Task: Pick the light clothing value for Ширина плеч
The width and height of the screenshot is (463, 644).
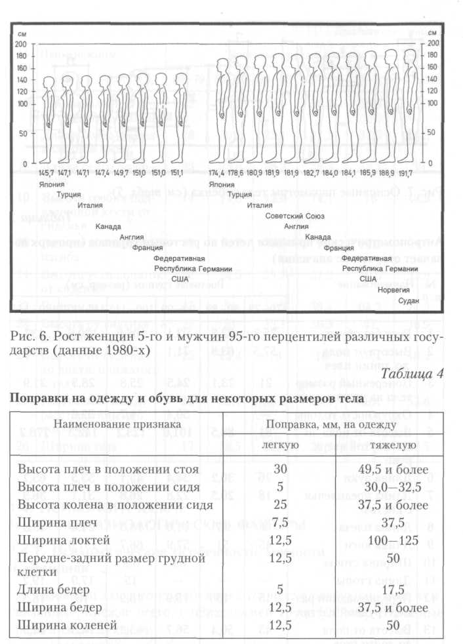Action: click(281, 522)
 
